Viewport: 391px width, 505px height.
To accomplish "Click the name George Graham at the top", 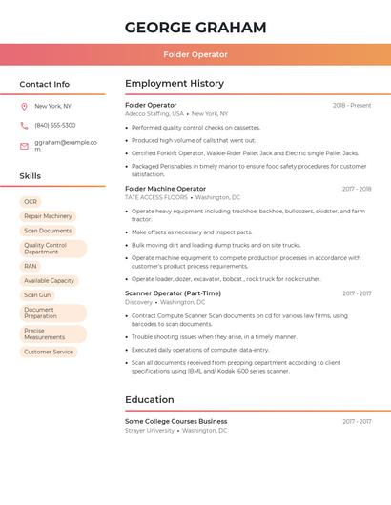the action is coord(195,28).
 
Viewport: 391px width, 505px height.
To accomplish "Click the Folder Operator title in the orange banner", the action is coord(195,54).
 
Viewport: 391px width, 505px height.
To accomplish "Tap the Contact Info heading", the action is coord(45,84).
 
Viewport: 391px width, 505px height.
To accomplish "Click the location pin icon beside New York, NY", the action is coord(24,107).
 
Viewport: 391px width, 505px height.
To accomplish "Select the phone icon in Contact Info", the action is coord(24,125).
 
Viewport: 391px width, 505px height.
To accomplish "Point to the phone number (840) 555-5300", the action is coord(55,125).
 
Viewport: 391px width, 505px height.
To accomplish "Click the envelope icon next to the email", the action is coord(24,145).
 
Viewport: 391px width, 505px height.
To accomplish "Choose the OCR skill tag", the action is coord(31,202).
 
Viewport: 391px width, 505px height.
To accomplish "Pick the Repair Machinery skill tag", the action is coord(48,216).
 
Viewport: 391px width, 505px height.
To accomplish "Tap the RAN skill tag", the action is coord(31,266).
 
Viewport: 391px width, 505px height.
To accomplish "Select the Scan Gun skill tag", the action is coord(37,294).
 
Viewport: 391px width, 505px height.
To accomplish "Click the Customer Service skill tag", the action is coord(49,352).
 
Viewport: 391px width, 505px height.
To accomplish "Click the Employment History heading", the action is coord(175,84).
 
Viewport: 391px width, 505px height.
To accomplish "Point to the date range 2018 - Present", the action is coord(352,105).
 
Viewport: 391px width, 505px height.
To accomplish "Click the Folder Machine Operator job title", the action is coord(165,189).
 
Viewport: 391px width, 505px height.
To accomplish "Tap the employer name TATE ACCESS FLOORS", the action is coord(156,197).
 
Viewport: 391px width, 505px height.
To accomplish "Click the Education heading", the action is coord(150,400).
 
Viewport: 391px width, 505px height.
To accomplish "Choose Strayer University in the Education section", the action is coord(150,430).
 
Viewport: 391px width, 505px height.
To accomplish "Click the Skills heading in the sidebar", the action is coord(31,176).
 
